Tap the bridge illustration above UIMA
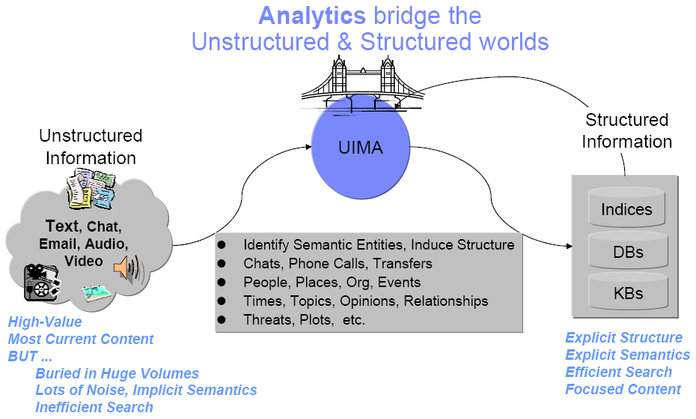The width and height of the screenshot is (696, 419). point(361,82)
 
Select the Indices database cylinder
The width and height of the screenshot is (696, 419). point(626,208)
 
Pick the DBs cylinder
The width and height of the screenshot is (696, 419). point(626,252)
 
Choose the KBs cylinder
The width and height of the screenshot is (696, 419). point(626,292)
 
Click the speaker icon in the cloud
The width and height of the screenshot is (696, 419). point(127,268)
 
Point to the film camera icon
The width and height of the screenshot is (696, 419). point(42,282)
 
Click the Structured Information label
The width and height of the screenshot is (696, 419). point(626,130)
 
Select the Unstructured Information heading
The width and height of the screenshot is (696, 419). point(91,146)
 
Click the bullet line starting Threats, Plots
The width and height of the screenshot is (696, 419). point(304,320)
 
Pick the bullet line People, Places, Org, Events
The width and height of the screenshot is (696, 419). point(332,283)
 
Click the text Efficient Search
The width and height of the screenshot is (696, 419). point(618,372)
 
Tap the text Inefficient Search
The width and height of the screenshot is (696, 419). point(94,407)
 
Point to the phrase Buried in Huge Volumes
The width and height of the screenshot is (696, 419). point(117,373)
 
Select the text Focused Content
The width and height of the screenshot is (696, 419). point(623,389)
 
